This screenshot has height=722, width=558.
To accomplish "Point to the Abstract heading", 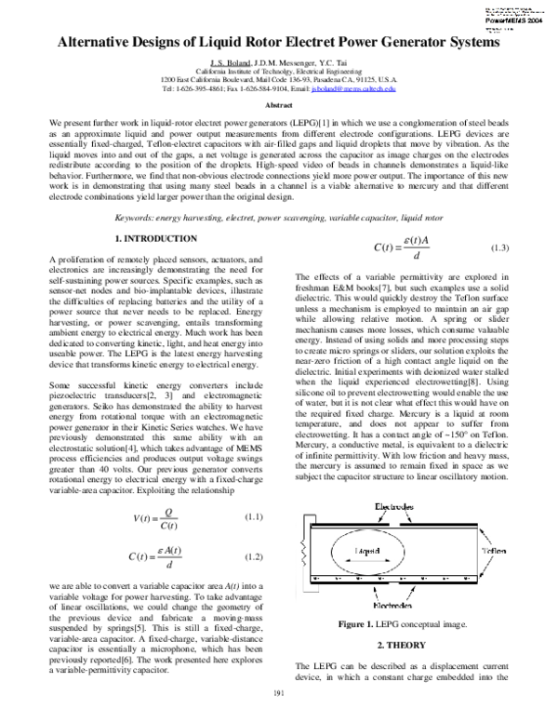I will [x=279, y=106].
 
